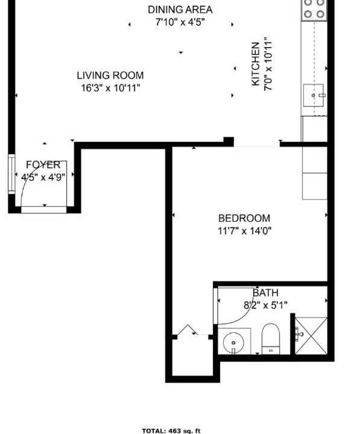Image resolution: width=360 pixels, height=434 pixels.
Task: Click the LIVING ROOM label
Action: pyautogui.click(x=110, y=75)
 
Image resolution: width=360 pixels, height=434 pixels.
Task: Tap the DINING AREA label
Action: pyautogui.click(x=180, y=10)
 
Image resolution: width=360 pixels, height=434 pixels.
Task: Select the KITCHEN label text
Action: pyautogui.click(x=255, y=64)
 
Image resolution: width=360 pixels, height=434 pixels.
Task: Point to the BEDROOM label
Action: pyautogui.click(x=244, y=218)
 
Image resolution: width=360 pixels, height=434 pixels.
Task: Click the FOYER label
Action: pyautogui.click(x=43, y=165)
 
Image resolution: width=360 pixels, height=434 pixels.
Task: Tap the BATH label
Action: pyautogui.click(x=265, y=292)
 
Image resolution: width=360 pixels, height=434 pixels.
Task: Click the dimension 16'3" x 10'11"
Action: pyautogui.click(x=110, y=88)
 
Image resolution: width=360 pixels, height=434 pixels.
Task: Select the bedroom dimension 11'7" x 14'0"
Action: pyautogui.click(x=245, y=230)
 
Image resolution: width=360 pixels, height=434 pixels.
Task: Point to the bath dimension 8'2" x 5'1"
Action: pyautogui.click(x=265, y=305)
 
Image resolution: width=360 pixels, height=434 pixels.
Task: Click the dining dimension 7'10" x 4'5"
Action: pyautogui.click(x=180, y=22)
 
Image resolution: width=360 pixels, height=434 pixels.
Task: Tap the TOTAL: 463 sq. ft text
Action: pyautogui.click(x=171, y=430)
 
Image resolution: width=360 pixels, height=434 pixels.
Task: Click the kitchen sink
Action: pyautogui.click(x=314, y=95)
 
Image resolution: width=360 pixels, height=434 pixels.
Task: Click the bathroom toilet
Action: pyautogui.click(x=271, y=339)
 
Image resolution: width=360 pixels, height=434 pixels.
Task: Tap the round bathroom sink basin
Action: pyautogui.click(x=233, y=342)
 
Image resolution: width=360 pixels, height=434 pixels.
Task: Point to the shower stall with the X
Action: pyautogui.click(x=311, y=336)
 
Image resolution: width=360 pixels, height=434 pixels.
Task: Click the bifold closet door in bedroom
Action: pyautogui.click(x=187, y=329)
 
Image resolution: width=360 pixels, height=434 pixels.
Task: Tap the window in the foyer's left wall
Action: pyautogui.click(x=11, y=174)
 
